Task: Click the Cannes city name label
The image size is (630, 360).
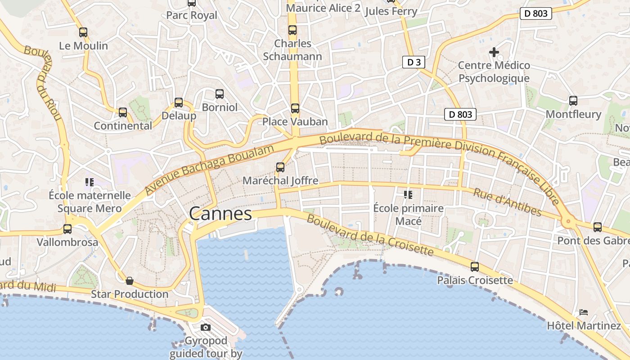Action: pos(220,213)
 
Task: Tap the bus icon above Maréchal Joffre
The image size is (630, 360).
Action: pos(280,167)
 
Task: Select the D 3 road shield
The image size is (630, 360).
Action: pos(414,62)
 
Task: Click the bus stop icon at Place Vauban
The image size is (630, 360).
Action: pos(295,108)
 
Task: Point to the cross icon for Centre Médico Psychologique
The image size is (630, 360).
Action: pos(494,52)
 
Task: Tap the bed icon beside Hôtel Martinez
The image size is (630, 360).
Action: pos(584,312)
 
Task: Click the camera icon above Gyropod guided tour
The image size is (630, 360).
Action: pos(206,327)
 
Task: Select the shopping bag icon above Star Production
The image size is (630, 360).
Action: pos(130,281)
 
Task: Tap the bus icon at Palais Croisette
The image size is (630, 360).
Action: pos(475,267)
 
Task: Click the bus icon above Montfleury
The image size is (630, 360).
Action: pos(573,101)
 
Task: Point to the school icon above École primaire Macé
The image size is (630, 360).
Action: pos(408,195)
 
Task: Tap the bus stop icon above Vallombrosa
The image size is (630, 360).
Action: pos(67,229)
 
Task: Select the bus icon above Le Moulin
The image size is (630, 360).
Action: pos(83,32)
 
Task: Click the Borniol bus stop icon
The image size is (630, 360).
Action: pos(220,94)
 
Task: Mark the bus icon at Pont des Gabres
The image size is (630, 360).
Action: pos(598,227)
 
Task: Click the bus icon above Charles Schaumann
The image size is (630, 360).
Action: pos(292,30)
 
